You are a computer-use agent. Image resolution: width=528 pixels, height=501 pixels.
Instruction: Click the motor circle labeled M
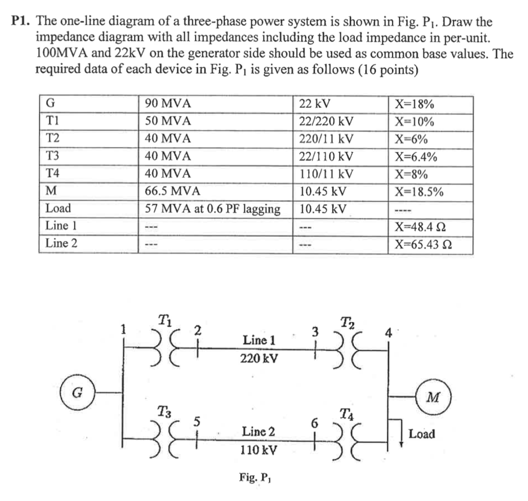click(435, 397)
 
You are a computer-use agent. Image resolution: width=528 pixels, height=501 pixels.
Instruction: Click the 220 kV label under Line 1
click(258, 358)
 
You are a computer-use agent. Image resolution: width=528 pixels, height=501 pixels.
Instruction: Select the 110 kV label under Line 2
click(258, 450)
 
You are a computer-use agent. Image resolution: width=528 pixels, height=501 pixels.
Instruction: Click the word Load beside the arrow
click(421, 434)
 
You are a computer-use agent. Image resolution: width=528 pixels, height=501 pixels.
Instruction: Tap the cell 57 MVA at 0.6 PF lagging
click(213, 209)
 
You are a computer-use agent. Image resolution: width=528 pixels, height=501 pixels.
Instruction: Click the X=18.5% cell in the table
click(418, 191)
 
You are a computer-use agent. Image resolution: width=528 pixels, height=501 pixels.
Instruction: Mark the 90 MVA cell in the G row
click(168, 104)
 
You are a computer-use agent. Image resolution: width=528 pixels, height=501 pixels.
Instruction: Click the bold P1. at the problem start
click(21, 22)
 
